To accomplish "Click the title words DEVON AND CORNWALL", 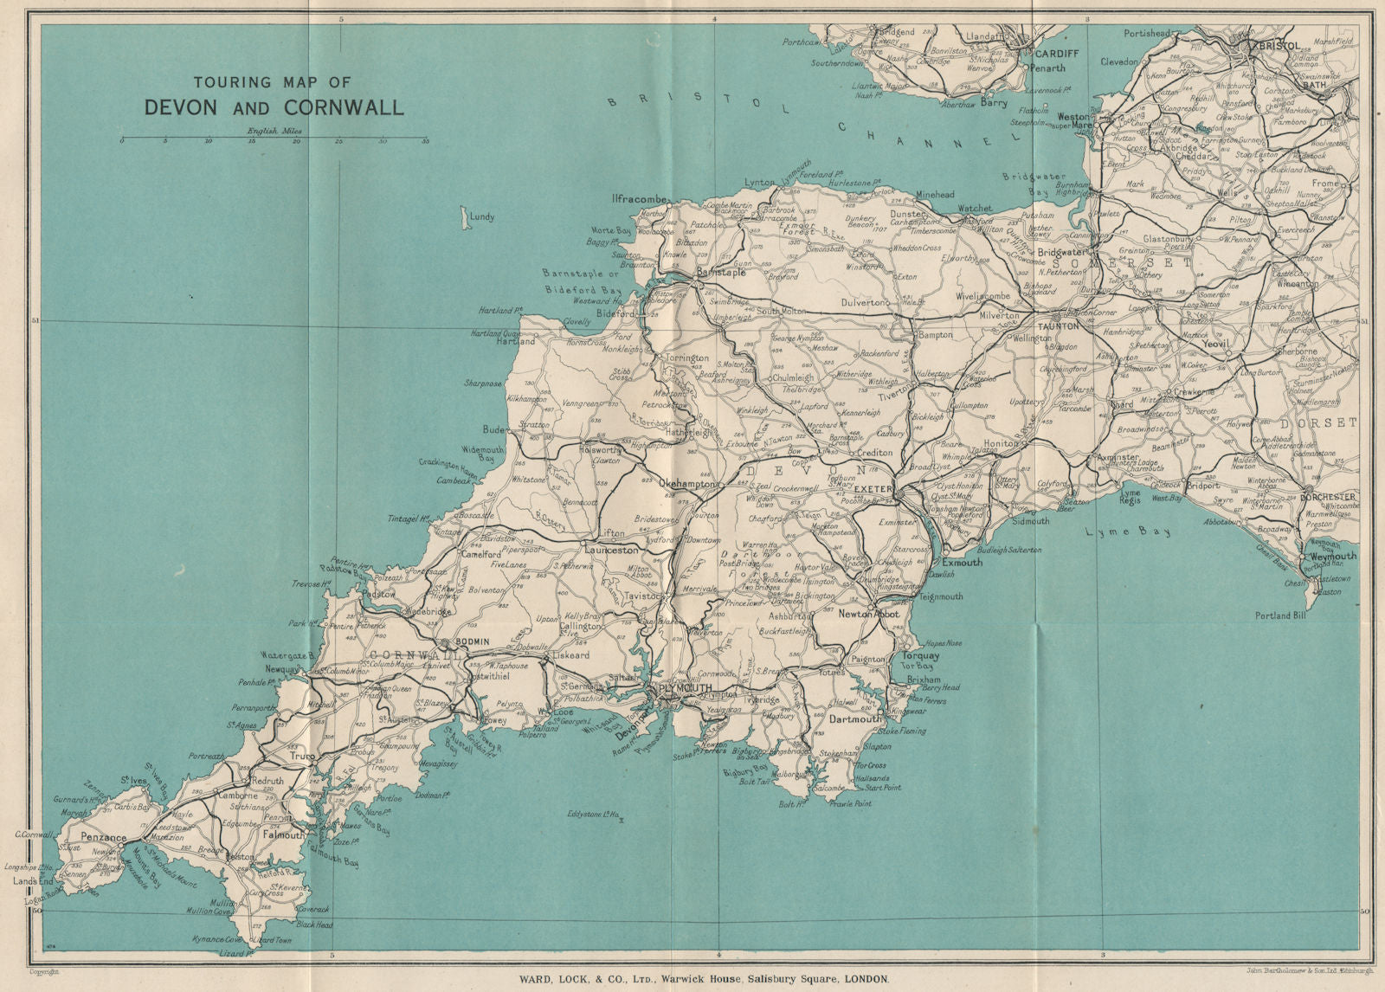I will click(274, 107).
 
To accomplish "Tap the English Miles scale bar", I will click(274, 138).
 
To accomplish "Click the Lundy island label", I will click(481, 217).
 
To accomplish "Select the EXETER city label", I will click(872, 489).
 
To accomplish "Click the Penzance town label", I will click(103, 837).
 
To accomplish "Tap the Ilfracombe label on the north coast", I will click(640, 198).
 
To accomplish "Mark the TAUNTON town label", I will click(1058, 326).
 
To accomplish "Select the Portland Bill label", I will click(1281, 615).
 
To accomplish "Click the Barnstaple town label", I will click(720, 272).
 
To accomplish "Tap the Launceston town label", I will click(611, 550).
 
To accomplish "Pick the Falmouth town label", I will click(282, 835).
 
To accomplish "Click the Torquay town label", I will click(921, 655).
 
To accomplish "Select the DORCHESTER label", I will click(1327, 497).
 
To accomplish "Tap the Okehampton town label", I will click(687, 485).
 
